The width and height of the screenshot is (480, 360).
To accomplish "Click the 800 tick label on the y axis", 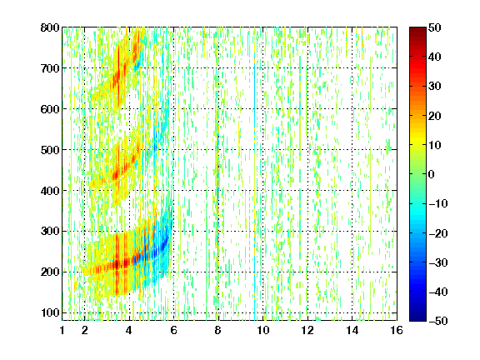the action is point(50,27).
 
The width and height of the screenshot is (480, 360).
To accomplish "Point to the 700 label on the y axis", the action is point(50,68).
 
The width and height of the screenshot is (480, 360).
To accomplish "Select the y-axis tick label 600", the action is point(50,109).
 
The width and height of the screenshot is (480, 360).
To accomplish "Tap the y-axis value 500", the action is point(50,150).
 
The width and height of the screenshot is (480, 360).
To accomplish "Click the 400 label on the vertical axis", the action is point(50,190).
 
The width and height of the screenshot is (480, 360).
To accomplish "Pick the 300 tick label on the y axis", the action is point(50,231).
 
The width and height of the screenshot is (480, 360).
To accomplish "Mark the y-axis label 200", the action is point(50,272).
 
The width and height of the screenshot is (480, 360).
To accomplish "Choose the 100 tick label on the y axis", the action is point(50,312).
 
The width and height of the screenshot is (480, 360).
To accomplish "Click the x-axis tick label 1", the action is point(62,330).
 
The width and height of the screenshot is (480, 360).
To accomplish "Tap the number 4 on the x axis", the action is point(129,330).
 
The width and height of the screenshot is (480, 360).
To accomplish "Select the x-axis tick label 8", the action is point(218,330).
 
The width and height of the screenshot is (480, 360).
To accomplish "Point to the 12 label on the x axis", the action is point(307,330).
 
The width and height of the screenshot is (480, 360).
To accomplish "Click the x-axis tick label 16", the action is point(397,330).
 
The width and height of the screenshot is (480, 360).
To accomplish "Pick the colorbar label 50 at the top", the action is point(434,27).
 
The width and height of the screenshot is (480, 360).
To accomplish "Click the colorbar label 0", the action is point(432,174).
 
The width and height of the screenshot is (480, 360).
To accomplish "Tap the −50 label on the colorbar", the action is point(438,321).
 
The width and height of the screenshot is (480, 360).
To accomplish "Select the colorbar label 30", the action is point(434,87).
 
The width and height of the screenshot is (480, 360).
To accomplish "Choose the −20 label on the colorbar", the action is point(438,233).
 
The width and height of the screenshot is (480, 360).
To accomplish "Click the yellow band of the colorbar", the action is point(417,142).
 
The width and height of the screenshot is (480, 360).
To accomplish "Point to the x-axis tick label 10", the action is point(262,330).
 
